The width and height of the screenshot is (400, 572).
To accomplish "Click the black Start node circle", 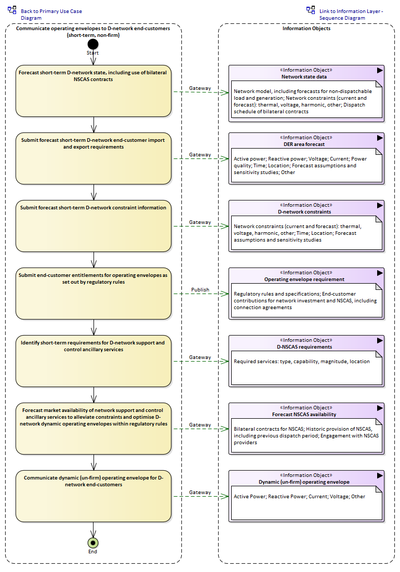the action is (x=93, y=44).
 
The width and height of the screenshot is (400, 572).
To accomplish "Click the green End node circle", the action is (x=93, y=543).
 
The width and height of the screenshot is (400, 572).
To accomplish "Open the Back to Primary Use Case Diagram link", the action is (x=51, y=15).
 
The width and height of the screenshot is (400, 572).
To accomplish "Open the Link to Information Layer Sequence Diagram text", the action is (x=351, y=15).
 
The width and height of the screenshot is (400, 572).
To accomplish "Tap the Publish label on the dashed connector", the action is (x=200, y=290).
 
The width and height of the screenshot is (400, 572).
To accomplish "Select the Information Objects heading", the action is (x=306, y=29).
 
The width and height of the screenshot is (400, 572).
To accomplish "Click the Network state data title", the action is (x=304, y=76).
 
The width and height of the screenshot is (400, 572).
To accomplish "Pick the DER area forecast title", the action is (x=304, y=144).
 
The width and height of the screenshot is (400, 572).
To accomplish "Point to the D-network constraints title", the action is (x=304, y=211).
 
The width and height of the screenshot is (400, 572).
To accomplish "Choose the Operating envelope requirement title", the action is (x=304, y=280).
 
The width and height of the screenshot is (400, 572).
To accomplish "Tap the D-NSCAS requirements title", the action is (x=304, y=347).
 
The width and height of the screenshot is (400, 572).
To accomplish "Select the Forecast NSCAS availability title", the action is (x=304, y=415).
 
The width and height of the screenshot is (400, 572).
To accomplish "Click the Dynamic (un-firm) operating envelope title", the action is (x=304, y=482).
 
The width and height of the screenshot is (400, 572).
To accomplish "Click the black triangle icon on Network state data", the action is (x=380, y=71).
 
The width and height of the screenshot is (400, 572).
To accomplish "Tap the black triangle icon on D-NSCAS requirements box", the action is (x=380, y=340).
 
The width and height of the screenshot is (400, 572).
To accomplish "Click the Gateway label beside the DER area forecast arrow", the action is (x=200, y=155).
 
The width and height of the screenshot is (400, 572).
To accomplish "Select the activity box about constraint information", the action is (x=94, y=226).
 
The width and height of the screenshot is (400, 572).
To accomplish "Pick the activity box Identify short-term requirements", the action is (x=94, y=361).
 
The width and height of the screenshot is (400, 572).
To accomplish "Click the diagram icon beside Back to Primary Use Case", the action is (x=12, y=10).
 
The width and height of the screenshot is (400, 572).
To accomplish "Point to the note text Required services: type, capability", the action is (x=301, y=362).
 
